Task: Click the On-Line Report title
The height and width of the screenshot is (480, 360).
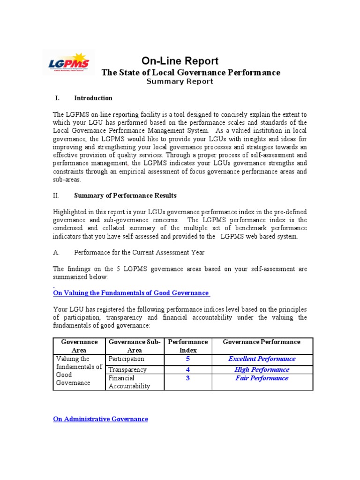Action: (x=180, y=61)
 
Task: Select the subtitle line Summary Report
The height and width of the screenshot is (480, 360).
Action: (x=180, y=82)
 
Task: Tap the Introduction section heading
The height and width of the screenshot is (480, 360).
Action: (x=93, y=98)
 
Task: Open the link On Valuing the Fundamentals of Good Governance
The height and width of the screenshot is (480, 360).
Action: (x=131, y=293)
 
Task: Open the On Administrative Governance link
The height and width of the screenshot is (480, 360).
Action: (x=101, y=419)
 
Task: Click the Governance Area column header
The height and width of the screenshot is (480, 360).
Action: (x=79, y=346)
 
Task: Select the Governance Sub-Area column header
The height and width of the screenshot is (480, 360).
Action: (x=135, y=346)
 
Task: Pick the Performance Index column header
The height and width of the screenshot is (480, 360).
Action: (x=187, y=346)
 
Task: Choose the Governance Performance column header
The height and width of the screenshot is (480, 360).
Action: (x=262, y=342)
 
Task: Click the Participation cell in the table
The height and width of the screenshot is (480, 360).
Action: (x=127, y=359)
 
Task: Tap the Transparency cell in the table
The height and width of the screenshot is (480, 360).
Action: (x=127, y=369)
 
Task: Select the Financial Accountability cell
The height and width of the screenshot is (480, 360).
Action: (x=129, y=382)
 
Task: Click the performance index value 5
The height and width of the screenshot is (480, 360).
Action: (x=187, y=359)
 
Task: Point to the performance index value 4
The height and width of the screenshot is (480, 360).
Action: (x=187, y=369)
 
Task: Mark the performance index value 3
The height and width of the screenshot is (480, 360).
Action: (x=187, y=378)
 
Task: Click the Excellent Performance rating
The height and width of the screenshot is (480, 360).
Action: (x=262, y=359)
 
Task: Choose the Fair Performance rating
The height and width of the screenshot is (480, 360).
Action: (x=262, y=378)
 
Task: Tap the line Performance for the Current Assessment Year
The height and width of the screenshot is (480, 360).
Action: (x=139, y=252)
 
